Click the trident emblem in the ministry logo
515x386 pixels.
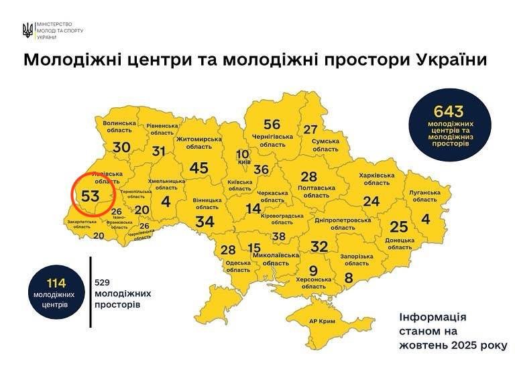click(x=27, y=30)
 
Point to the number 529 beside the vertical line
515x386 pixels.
click(x=103, y=282)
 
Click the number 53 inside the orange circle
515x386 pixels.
click(x=90, y=196)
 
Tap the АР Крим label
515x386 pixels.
click(x=323, y=322)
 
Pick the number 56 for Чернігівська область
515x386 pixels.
click(x=272, y=124)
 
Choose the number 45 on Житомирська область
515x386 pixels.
click(x=198, y=168)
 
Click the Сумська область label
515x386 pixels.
click(x=325, y=145)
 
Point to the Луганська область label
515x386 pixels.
click(x=423, y=195)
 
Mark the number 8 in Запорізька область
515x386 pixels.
click(x=349, y=277)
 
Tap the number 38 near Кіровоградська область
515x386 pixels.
click(x=278, y=237)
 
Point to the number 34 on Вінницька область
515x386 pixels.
click(x=205, y=222)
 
